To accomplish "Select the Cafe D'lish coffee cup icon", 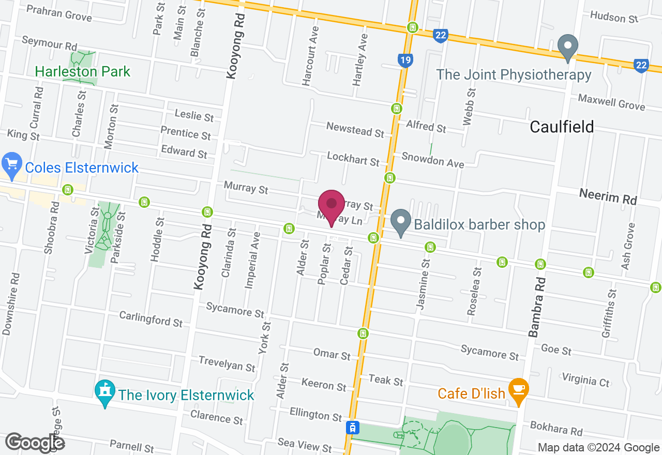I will [x=518, y=387].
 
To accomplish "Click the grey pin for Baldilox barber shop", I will [x=400, y=222].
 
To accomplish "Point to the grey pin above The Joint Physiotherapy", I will [x=568, y=48].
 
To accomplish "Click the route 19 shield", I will [x=405, y=61].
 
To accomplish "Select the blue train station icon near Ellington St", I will [x=352, y=428].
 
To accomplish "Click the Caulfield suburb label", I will [x=562, y=127].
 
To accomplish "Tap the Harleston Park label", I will [x=83, y=71].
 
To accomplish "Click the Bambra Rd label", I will [x=537, y=308].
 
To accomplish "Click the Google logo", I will [x=35, y=443].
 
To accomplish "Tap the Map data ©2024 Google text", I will [x=598, y=448].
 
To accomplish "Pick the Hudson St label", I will [x=614, y=17].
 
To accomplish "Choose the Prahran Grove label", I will [x=58, y=13].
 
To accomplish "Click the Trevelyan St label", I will [x=227, y=364].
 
